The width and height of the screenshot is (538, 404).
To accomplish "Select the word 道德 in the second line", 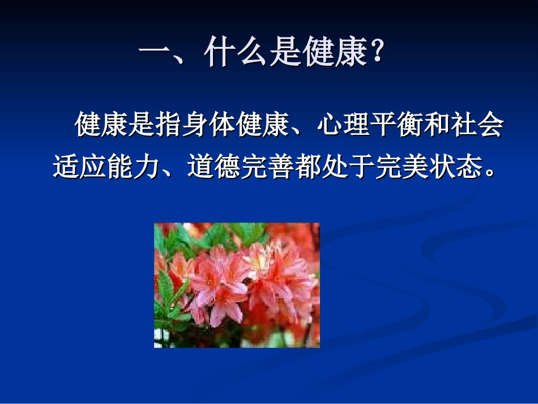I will [213, 167].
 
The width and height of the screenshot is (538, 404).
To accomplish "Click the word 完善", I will [266, 167].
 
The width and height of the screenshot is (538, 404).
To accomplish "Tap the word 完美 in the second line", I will [400, 167].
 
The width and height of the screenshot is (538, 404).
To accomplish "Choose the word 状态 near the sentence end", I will [453, 167].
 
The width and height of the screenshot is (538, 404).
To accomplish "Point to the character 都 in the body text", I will [306, 167].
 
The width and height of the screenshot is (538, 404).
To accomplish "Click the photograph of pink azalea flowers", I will [237, 285].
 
